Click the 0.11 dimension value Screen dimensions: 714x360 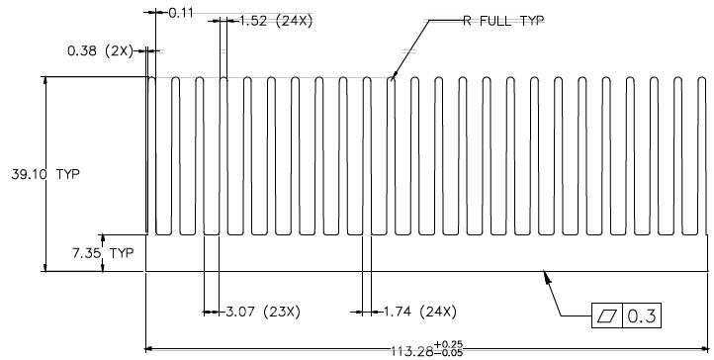[181, 13]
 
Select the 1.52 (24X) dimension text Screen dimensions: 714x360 [276, 21]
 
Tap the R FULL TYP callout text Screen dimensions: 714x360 [503, 21]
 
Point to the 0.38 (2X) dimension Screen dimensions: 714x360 [100, 51]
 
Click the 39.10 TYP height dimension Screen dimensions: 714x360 [45, 174]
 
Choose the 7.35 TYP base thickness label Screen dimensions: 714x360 [103, 253]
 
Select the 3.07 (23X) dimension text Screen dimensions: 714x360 [263, 312]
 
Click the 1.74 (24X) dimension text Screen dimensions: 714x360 [419, 312]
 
